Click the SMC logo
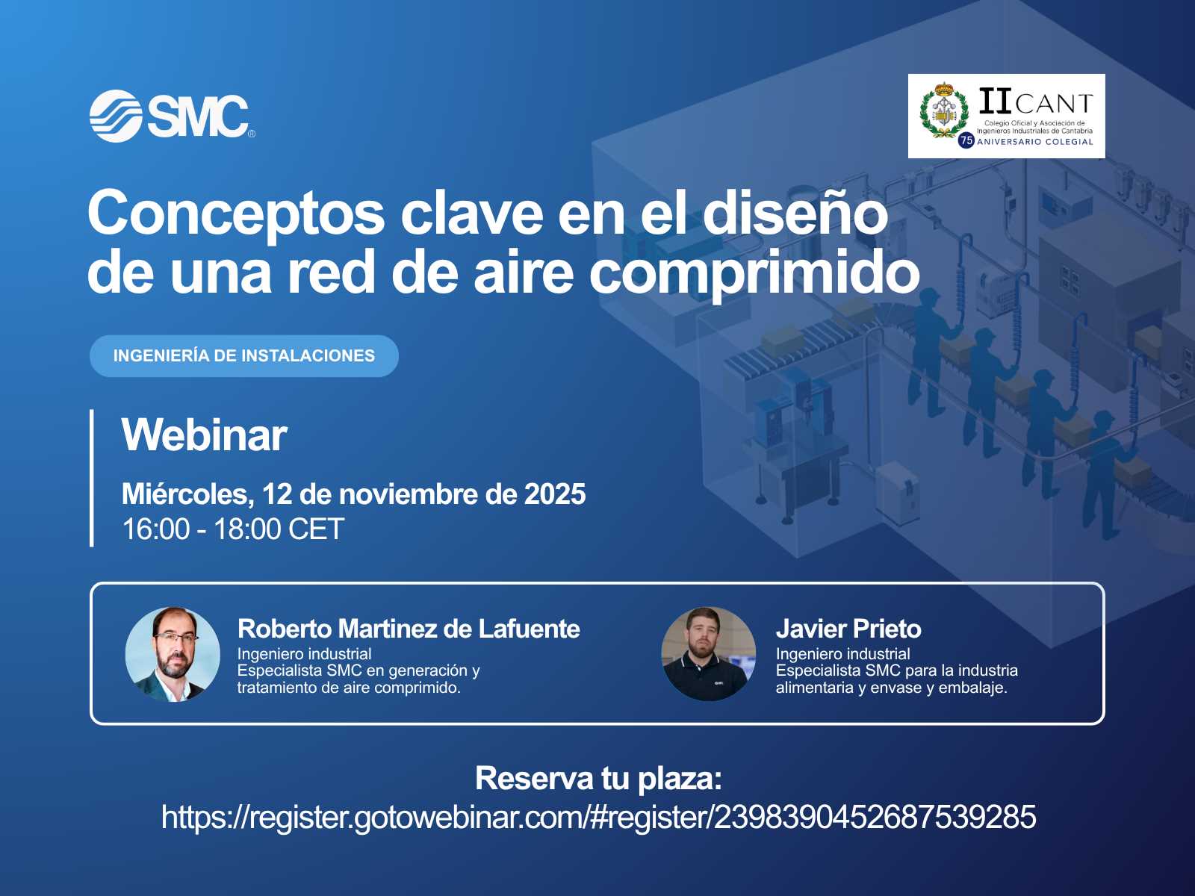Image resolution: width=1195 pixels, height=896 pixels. coord(172,116)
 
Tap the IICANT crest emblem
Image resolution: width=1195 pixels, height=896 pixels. coord(944,111)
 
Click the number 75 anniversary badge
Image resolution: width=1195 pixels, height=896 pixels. coord(966,140)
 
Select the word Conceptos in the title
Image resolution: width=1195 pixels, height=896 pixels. coord(236,214)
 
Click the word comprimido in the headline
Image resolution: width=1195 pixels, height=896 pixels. coord(754,273)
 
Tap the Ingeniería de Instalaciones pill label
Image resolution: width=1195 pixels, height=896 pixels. coord(244,356)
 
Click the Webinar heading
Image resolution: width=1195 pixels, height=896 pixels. coord(204,435)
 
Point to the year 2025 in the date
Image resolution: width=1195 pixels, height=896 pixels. coord(555,494)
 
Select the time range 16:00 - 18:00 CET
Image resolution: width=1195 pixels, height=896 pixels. coord(233,529)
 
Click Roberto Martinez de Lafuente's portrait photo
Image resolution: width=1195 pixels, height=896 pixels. coord(173,654)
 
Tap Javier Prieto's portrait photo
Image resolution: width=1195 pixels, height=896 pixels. coord(708,654)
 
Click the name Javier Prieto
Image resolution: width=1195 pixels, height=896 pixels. coord(848,629)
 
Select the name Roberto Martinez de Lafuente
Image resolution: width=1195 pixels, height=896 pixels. coord(409,629)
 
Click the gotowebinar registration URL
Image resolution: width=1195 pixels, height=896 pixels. coord(598,817)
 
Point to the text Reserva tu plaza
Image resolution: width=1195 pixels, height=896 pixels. coord(598,778)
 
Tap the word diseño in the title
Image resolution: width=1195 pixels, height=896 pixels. coord(795,214)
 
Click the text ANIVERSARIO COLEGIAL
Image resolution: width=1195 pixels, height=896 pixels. coord(1035,141)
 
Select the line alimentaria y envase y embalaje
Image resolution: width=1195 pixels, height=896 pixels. coord(891,688)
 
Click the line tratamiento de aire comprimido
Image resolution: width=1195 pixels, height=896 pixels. coord(349,688)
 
